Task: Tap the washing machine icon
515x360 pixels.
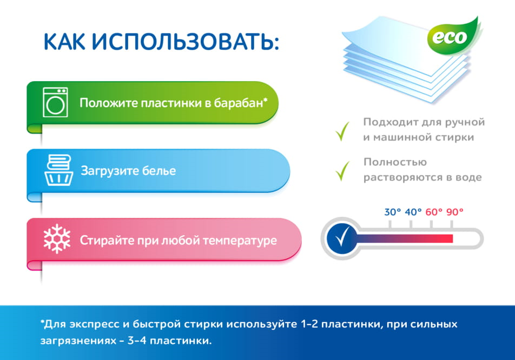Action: [55, 102]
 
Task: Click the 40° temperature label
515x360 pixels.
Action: [413, 212]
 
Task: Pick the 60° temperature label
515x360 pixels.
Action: [434, 212]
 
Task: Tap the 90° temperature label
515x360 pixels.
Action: [455, 212]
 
